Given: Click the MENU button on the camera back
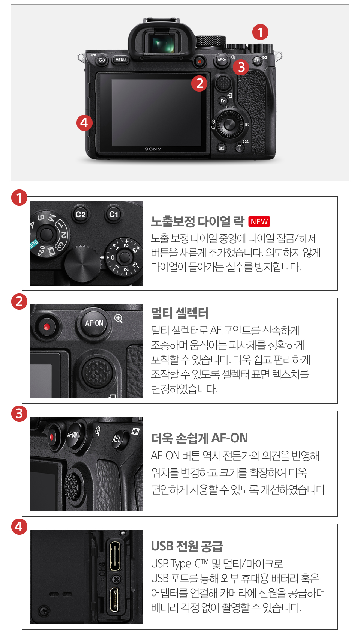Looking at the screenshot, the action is (121, 60).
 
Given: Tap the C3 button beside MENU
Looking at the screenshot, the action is (102, 60).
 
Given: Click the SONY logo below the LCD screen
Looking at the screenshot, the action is (153, 149).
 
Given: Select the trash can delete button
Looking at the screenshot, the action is (239, 148).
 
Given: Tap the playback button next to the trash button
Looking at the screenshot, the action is (222, 147).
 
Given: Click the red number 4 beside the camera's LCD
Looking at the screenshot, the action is (84, 123).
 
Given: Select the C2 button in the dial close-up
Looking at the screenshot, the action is (81, 215).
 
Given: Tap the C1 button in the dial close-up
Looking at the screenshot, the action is (114, 214).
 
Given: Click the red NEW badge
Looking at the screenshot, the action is (259, 221).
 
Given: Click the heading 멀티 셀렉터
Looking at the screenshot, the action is (180, 313).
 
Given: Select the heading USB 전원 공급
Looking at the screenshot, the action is (187, 546).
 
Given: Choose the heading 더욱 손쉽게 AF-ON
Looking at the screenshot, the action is (199, 438).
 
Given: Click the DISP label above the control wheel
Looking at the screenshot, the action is (230, 107).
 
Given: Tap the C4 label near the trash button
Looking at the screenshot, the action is (246, 141).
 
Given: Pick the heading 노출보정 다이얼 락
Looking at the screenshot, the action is (197, 221).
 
